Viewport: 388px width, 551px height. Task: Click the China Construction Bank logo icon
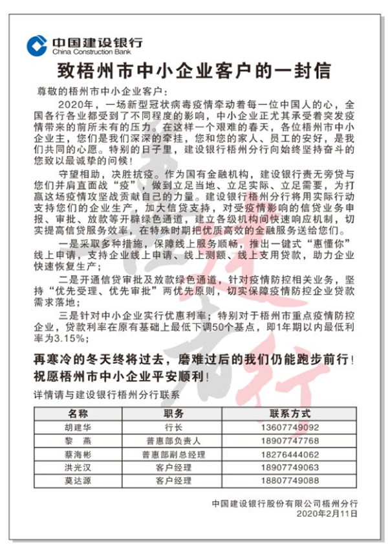tap(36, 45)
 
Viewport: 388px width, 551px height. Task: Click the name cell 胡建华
tap(78, 427)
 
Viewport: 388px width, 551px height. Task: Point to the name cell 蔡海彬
tap(78, 454)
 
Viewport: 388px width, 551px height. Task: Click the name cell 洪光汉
tap(78, 467)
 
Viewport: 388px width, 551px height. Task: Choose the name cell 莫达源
tap(78, 480)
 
